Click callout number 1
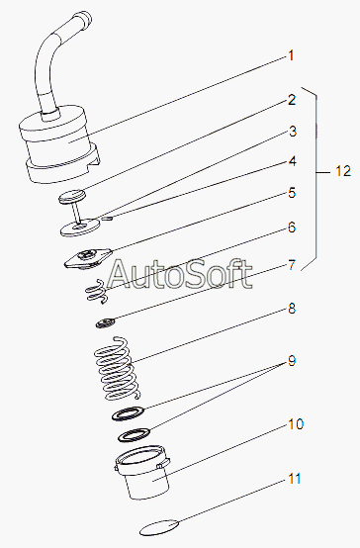291,56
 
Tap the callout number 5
292,193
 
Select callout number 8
292,309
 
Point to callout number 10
296,424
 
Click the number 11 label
295,479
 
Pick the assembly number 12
343,171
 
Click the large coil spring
117,368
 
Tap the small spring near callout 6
97,291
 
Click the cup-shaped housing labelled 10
142,472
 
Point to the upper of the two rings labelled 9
128,413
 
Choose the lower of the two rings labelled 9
135,434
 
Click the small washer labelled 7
105,322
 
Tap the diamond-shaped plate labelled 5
88,258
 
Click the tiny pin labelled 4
108,219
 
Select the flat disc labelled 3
80,228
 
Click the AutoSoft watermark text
179,274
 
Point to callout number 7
292,265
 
